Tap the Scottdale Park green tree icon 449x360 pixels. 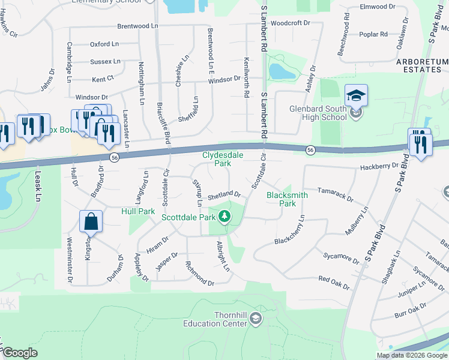tap(224, 216)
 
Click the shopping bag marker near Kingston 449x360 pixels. tap(91, 222)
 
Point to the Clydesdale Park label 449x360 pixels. tap(216, 158)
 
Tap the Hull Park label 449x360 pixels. tap(138, 211)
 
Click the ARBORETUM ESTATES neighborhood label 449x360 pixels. tap(422, 65)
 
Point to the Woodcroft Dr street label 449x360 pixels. tap(290, 23)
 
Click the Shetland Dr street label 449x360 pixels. tap(224, 196)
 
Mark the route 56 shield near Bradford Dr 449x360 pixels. tap(113, 157)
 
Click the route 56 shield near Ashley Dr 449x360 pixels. tap(310, 149)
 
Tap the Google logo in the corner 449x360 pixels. tap(20, 353)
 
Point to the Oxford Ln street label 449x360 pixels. tap(104, 44)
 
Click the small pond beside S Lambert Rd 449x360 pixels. tap(281, 71)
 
